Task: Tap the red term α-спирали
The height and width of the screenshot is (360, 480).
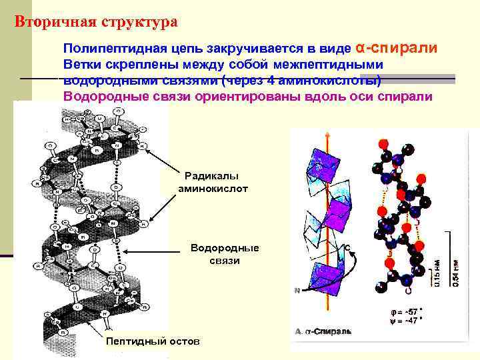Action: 397,49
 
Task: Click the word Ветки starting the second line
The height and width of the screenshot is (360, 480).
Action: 82,65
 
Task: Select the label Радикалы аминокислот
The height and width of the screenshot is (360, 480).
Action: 213,182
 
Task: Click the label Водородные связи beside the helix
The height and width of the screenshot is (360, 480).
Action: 224,254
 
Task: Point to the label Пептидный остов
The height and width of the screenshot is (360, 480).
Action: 153,341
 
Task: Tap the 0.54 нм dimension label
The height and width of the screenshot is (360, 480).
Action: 455,273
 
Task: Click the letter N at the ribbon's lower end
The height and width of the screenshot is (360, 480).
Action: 297,290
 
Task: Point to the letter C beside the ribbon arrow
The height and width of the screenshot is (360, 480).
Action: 348,247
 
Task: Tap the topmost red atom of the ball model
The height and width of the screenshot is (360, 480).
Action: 383,143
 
